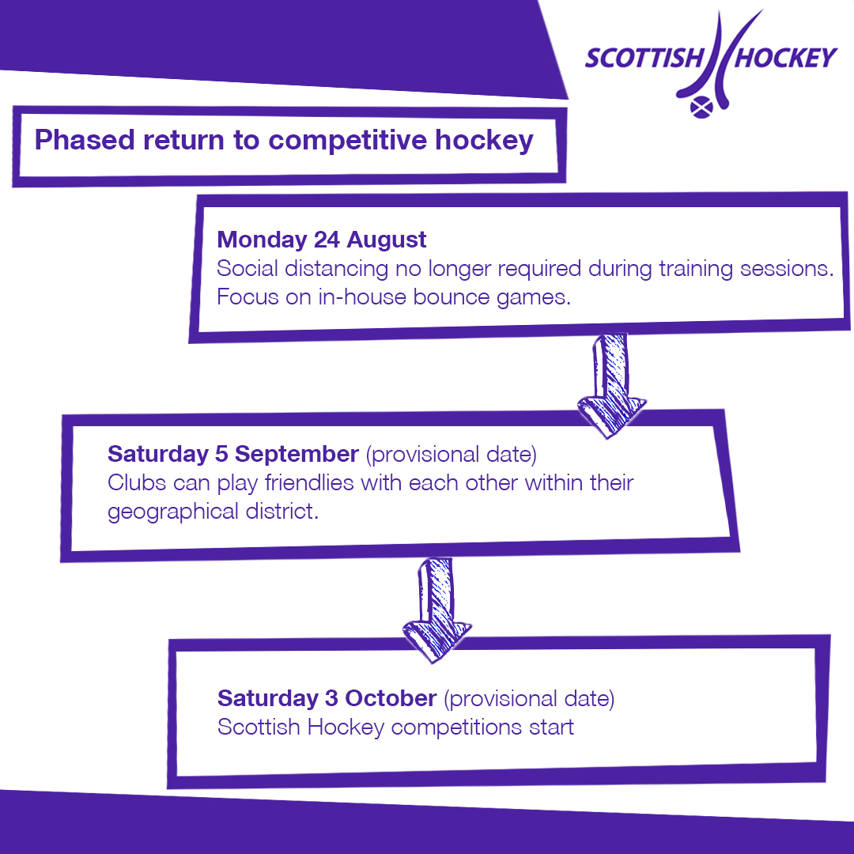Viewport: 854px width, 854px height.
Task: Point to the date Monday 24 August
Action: (322, 240)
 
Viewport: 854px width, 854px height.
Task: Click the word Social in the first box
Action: (248, 269)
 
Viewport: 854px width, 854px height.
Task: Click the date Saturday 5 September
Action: (233, 454)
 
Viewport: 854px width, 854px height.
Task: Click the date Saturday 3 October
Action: (327, 699)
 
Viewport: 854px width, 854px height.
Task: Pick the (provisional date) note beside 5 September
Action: (451, 454)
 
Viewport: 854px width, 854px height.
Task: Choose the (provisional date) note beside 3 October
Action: (528, 699)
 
